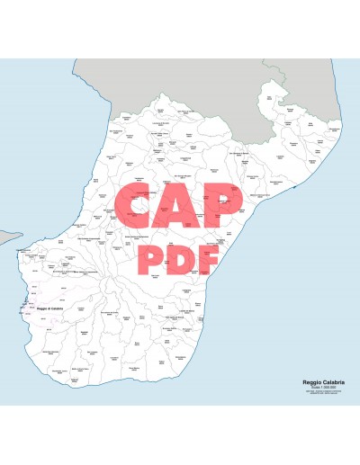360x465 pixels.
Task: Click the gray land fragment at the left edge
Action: [7, 238]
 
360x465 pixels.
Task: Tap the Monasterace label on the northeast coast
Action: [335, 130]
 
